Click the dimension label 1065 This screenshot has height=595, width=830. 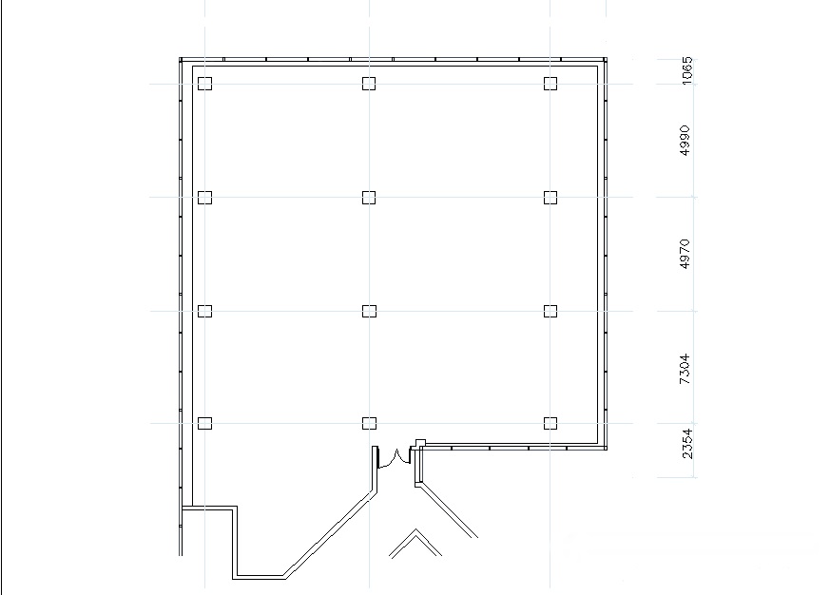click(x=686, y=70)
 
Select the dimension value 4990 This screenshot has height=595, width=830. click(x=685, y=141)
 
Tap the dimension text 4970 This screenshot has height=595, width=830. click(x=685, y=254)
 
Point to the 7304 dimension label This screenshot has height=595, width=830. click(x=685, y=369)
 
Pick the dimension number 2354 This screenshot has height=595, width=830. click(x=686, y=444)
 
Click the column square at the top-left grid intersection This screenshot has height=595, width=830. click(x=204, y=84)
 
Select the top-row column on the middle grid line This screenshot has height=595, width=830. click(x=369, y=84)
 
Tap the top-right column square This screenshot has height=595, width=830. click(x=550, y=84)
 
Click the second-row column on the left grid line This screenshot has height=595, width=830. click(x=204, y=198)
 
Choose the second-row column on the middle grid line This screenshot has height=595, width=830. click(x=369, y=198)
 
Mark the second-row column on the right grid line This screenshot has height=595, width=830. click(x=550, y=198)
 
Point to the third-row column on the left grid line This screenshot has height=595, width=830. click(x=204, y=311)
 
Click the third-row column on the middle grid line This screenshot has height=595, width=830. click(x=369, y=311)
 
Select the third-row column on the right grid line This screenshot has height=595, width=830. click(x=550, y=311)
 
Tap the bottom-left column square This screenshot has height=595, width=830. click(x=204, y=424)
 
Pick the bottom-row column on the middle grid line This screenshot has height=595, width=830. click(x=369, y=424)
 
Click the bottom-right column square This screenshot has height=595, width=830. click(x=550, y=424)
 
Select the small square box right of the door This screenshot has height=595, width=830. click(x=421, y=443)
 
